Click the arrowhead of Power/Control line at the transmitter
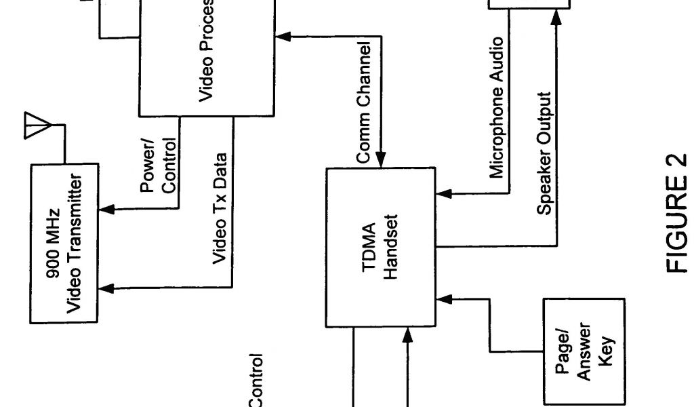(x=106, y=209)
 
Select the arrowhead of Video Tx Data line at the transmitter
(x=106, y=290)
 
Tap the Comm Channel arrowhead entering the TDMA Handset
(x=381, y=161)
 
